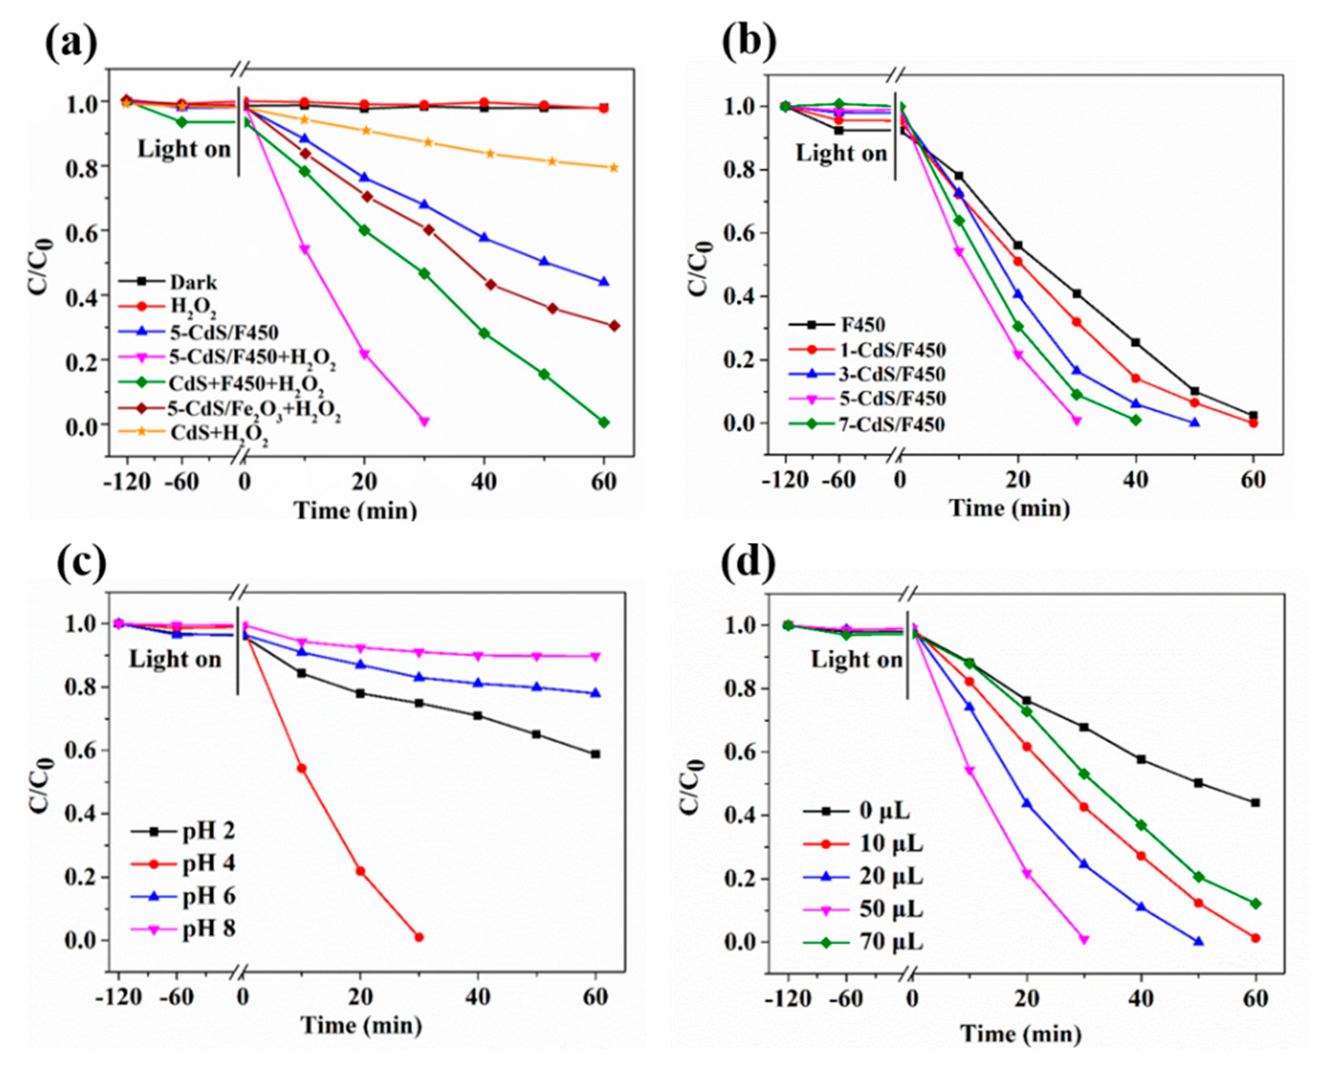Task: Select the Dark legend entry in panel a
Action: click(x=193, y=283)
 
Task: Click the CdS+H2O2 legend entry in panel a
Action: click(x=218, y=433)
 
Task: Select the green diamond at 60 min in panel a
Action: click(x=603, y=422)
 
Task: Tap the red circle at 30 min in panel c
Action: click(x=419, y=937)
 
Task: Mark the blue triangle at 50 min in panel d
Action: click(x=1197, y=942)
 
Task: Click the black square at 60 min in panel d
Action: click(x=1255, y=802)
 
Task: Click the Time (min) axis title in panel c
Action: click(x=361, y=1025)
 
